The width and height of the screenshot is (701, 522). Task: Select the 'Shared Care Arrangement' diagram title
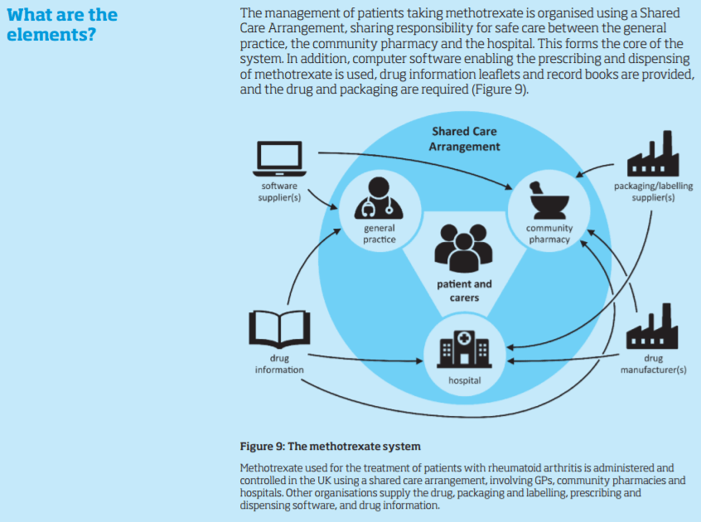tap(464, 139)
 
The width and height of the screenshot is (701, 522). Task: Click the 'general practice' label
tap(379, 234)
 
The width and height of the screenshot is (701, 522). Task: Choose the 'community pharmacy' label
tap(549, 234)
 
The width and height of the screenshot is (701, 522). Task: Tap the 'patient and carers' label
tap(464, 291)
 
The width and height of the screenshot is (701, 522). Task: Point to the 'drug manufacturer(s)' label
tap(653, 365)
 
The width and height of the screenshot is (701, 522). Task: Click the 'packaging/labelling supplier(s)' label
tap(653, 192)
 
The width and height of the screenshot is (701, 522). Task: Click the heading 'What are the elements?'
tap(61, 26)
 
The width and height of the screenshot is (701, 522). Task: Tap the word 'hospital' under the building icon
tap(464, 381)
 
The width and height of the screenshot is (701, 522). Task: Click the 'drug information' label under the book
tap(279, 365)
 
